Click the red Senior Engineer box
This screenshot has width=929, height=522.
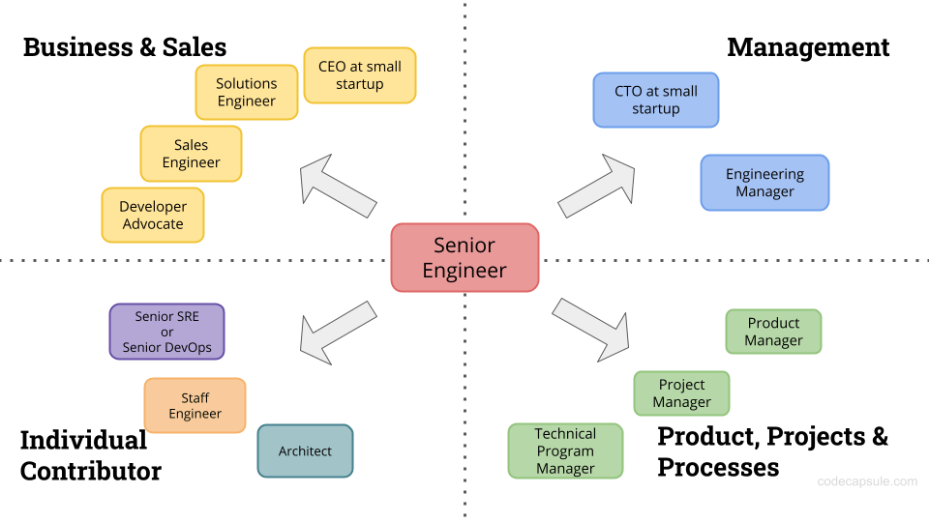tap(464, 258)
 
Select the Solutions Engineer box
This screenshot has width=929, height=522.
tap(246, 93)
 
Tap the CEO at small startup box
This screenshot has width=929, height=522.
tap(359, 75)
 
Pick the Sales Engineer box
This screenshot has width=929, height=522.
tap(191, 154)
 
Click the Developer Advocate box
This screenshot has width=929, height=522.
tap(152, 215)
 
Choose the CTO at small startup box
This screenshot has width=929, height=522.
tap(655, 100)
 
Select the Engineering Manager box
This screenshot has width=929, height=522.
tap(764, 183)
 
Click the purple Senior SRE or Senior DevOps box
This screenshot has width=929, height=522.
tap(166, 332)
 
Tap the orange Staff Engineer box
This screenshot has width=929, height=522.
tap(195, 405)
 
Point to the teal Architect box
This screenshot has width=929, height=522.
tap(305, 450)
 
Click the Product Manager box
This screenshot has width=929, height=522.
tap(773, 332)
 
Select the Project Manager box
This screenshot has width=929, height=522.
tap(681, 393)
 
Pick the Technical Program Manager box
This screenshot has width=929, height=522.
tap(565, 450)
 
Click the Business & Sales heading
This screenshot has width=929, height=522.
tap(124, 46)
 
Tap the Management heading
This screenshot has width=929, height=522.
tap(808, 46)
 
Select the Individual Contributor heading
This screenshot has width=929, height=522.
tap(90, 455)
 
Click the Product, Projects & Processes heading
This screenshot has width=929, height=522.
tap(772, 451)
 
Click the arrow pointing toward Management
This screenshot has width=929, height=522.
tap(597, 184)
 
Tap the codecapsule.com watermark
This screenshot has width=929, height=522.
tap(867, 480)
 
